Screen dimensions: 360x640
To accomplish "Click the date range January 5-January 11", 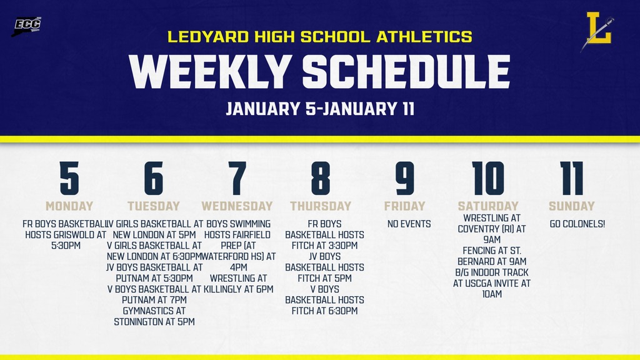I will pos(320,109).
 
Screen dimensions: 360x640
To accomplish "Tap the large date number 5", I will pos(69,179).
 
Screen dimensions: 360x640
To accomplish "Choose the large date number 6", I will pos(153,179).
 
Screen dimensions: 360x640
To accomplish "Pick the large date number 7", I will pos(237,179).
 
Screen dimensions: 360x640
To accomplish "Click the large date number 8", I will pos(321,179).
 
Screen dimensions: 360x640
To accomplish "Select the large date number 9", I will pos(404,179).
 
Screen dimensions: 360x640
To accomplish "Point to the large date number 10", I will pos(488,179).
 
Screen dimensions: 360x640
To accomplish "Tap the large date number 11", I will pos(572,179).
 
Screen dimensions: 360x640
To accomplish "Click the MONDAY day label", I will pos(69,206).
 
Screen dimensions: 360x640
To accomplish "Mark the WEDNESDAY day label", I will pos(237,206).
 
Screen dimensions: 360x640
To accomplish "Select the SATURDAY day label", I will pos(488,206).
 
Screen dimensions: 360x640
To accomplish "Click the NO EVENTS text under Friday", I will pos(409,224).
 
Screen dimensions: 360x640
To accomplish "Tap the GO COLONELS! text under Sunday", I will pos(577,224).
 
